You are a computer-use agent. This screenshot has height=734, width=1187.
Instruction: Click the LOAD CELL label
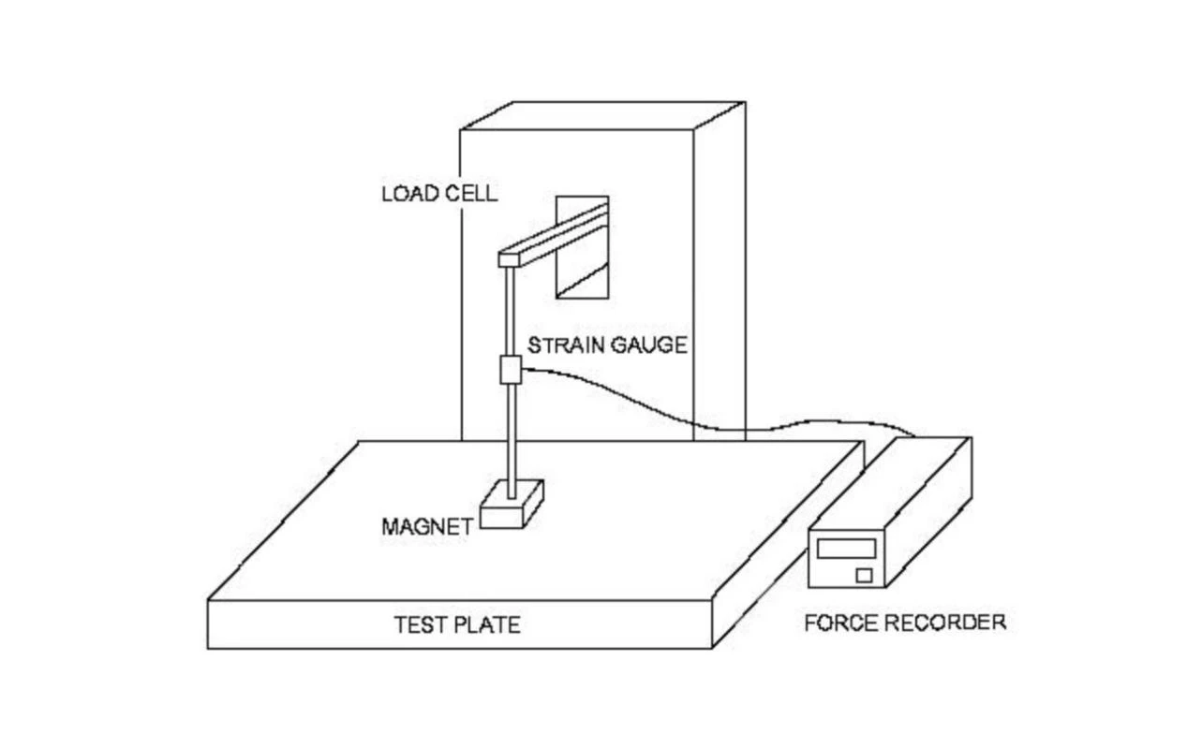click(438, 194)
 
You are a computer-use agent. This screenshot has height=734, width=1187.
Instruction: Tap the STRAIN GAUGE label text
click(606, 345)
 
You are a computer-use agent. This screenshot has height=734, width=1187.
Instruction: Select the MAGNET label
click(426, 526)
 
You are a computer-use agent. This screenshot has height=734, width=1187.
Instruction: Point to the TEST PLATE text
click(456, 624)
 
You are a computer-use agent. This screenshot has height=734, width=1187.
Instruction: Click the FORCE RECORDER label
click(904, 622)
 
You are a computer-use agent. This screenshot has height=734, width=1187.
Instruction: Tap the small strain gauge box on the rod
click(510, 370)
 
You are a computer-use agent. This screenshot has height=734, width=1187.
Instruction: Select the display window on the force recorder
click(845, 548)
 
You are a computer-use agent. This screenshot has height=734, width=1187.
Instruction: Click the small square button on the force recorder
click(863, 574)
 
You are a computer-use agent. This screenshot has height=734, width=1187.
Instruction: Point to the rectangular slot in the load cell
click(582, 246)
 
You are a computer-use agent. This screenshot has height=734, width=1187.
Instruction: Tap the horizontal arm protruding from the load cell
click(557, 234)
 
